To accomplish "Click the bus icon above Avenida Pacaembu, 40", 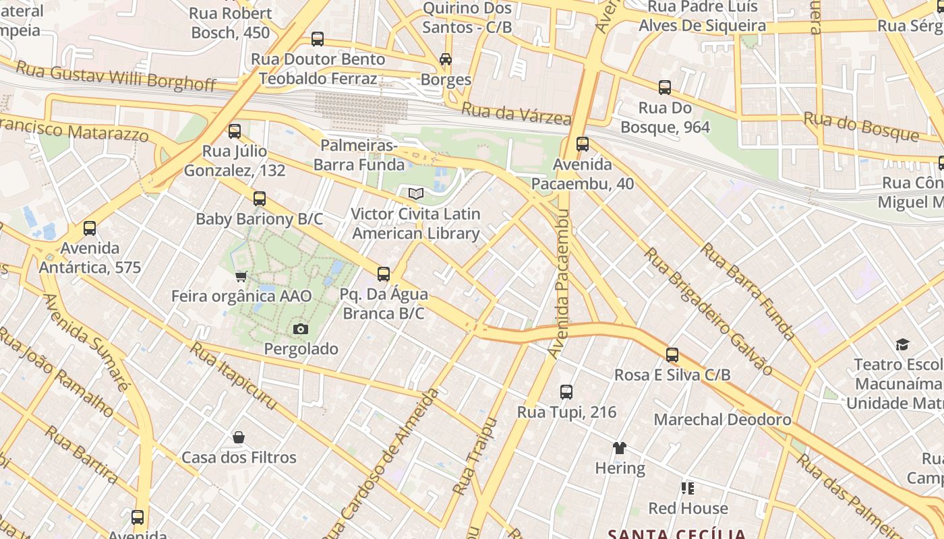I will [583, 144].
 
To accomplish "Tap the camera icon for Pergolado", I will [301, 329].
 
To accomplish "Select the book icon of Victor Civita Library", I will [416, 194].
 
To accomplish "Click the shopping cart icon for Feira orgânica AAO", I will [241, 276].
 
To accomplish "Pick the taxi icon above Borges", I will [446, 59].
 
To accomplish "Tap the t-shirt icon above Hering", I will [620, 448].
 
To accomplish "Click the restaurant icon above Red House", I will [688, 488].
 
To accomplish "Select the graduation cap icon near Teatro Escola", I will [902, 345].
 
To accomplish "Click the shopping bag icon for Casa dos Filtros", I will [239, 438].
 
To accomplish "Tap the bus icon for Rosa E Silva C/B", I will [672, 355].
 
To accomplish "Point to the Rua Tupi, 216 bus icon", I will [566, 392].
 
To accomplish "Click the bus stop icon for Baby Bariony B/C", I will [260, 199].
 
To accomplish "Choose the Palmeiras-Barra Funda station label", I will [359, 155].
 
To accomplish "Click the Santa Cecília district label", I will [677, 534].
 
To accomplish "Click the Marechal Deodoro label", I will [722, 420].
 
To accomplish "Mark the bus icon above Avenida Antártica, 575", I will [90, 228].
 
